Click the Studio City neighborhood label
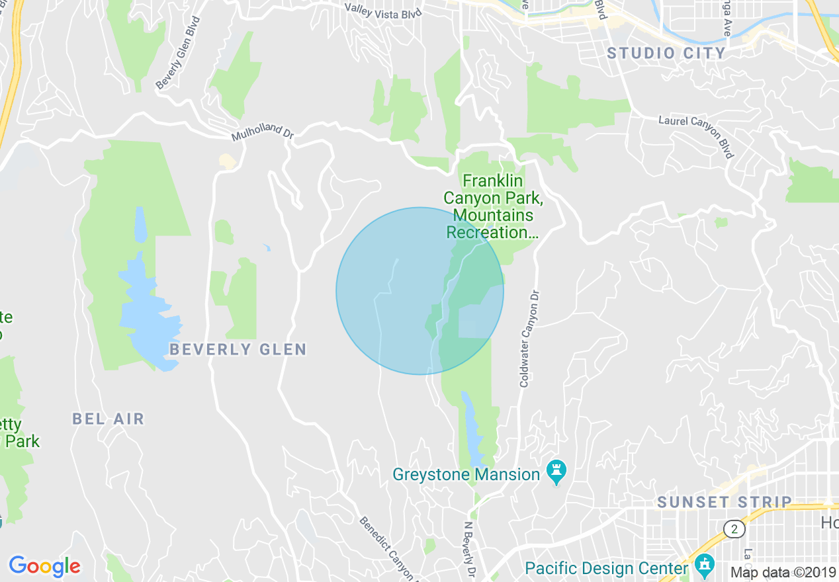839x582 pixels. coord(666,53)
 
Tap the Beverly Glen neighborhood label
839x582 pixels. coord(238,349)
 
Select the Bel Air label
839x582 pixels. coord(108,419)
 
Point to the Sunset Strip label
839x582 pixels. coord(725,503)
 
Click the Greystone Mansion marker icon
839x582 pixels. coord(556,473)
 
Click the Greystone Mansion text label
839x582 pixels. coord(466,474)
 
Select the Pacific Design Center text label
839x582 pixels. coord(606,568)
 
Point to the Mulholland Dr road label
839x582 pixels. coord(262,132)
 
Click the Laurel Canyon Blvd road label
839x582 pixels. coord(696,136)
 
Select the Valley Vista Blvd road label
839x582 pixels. coord(382,10)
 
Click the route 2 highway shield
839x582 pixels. coord(734,528)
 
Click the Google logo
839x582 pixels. coord(44,566)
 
